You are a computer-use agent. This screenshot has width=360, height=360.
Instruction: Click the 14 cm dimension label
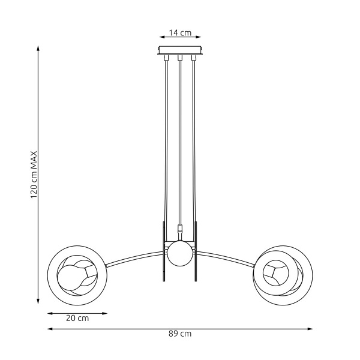coord(180,33)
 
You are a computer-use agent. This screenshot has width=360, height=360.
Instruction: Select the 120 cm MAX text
coord(34,175)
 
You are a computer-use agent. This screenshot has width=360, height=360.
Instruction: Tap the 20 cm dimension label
coord(77,319)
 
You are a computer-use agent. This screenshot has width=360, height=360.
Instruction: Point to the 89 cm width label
coord(181,334)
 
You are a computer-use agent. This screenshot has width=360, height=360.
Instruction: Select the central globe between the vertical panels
coord(179,254)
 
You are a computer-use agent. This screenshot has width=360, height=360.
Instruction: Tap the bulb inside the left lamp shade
coord(69,277)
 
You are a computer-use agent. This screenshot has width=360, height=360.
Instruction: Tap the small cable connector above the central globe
coord(179,229)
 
